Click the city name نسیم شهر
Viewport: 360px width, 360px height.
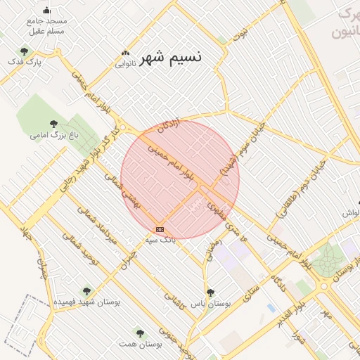[171, 57]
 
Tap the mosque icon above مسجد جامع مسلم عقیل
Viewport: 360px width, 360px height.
[47, 11]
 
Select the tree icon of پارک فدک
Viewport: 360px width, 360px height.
[25, 51]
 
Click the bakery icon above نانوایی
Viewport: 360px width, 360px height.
[126, 53]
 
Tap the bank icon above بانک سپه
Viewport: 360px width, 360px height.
[160, 229]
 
